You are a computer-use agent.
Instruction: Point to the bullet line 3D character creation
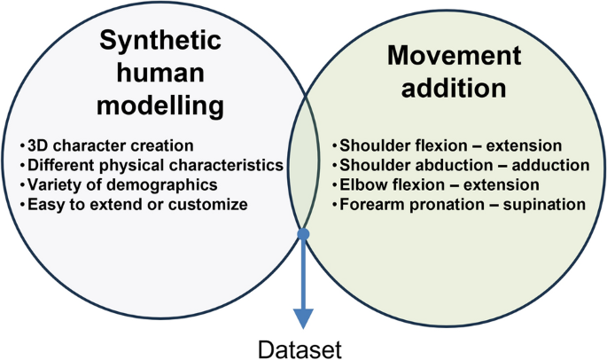105,145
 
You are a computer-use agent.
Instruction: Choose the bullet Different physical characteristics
150,165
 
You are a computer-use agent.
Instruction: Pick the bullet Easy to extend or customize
132,206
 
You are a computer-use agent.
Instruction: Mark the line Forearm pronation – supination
458,206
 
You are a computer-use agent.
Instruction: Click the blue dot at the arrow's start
304,235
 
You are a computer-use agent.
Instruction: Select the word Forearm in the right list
366,206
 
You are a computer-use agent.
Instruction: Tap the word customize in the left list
213,206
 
